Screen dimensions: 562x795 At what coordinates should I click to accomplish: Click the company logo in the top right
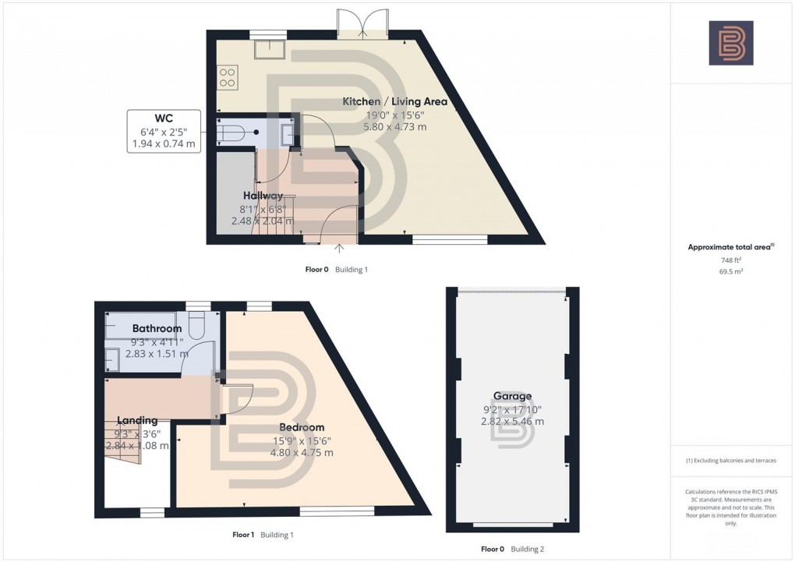(x=730, y=43)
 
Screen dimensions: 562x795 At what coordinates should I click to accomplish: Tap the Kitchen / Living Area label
(x=395, y=101)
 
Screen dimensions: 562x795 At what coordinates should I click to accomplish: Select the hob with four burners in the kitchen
(x=228, y=76)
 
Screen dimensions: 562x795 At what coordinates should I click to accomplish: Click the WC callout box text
(x=164, y=131)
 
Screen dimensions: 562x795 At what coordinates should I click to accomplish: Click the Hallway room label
(x=263, y=196)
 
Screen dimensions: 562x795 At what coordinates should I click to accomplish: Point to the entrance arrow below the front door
(x=340, y=249)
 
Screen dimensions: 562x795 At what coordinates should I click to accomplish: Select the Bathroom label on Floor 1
(x=157, y=328)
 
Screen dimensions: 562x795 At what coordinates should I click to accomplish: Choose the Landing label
(x=137, y=420)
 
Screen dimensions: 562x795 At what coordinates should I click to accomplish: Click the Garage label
(x=512, y=396)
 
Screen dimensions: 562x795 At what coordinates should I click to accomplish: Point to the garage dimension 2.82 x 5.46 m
(x=512, y=421)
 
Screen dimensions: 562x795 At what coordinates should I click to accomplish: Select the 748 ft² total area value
(x=730, y=261)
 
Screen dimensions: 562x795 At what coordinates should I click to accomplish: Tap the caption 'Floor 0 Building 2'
(x=512, y=549)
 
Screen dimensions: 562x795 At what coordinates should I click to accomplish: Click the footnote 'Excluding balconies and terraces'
(x=730, y=461)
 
